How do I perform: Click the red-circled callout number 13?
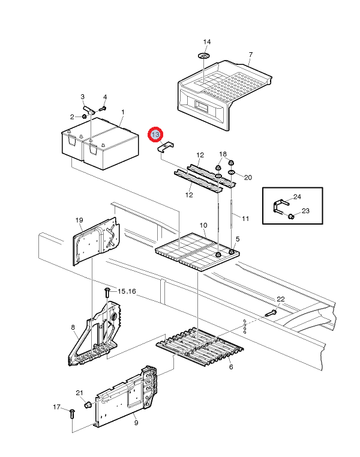156,135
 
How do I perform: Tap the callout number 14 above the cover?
207,42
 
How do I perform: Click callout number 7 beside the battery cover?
251,55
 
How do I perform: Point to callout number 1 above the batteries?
123,112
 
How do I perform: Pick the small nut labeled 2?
85,116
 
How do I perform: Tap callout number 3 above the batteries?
83,97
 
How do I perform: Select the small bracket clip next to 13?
166,148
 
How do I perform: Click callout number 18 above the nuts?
223,154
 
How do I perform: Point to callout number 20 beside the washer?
248,177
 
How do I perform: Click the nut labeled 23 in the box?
291,216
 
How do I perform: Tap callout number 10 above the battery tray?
203,225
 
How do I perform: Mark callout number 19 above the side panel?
79,221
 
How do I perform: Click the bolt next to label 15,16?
107,292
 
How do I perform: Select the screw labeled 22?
269,313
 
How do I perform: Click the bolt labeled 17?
71,413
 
